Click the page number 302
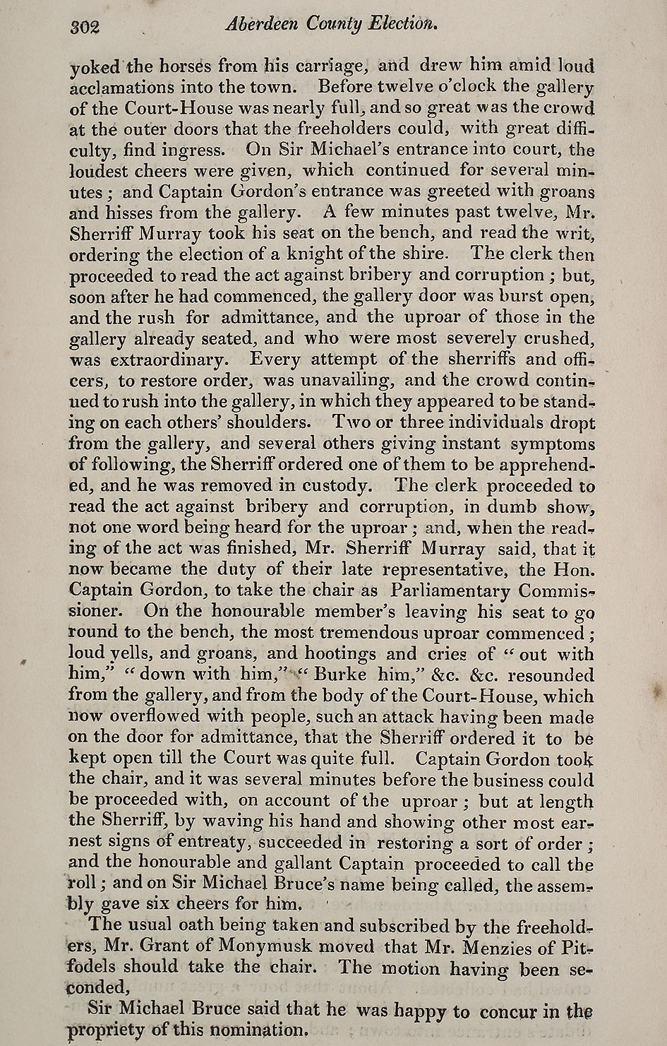(85, 27)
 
